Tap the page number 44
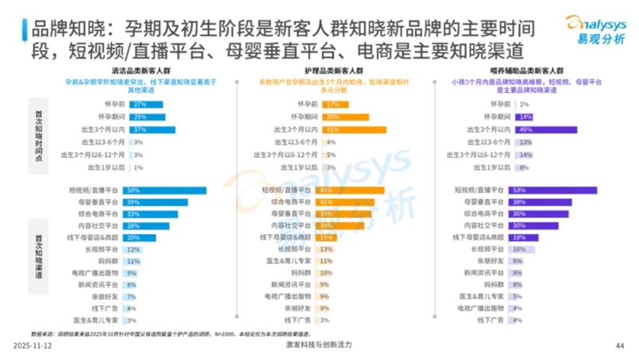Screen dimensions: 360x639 click(x=618, y=346)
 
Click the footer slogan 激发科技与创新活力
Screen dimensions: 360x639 click(x=319, y=345)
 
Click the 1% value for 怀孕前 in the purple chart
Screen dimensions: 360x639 click(x=525, y=104)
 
